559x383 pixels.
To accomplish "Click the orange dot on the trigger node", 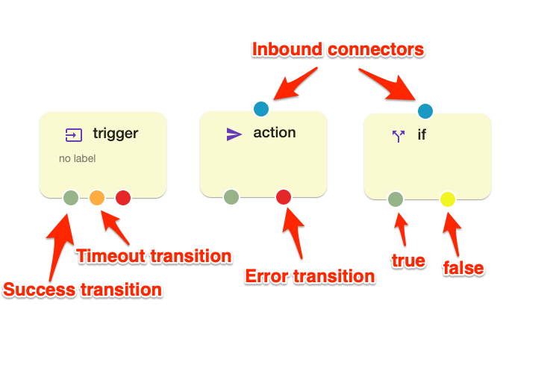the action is (97, 198).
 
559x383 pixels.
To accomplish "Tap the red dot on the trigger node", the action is (123, 198).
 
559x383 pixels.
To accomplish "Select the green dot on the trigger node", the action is (71, 198).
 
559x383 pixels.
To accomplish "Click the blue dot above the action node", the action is (261, 109).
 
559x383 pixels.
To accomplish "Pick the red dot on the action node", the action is (284, 197).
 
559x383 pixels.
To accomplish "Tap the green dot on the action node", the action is (231, 197).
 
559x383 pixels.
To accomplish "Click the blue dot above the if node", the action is (425, 111).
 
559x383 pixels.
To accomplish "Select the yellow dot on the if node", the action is (448, 199).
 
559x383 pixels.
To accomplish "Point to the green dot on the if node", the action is (396, 199).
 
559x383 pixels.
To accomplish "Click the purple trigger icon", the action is (74, 135).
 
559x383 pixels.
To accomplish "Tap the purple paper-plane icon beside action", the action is (234, 134).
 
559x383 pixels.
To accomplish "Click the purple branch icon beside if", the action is (399, 136).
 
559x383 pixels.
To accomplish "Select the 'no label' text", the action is (78, 158).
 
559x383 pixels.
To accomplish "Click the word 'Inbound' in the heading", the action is (287, 49).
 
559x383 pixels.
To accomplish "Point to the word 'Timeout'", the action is (110, 256).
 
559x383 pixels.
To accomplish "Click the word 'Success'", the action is (40, 289).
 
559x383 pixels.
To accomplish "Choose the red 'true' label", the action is (408, 261).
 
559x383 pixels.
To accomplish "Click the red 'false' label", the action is (463, 268).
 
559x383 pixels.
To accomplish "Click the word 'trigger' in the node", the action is (116, 134).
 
